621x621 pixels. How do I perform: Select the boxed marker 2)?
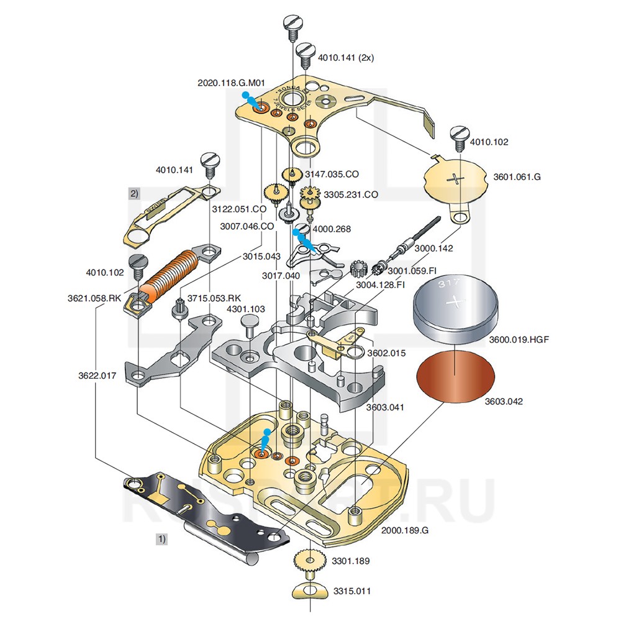[x=135, y=193]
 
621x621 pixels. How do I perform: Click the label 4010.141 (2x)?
[x=346, y=58]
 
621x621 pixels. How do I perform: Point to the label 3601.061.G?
[x=515, y=176]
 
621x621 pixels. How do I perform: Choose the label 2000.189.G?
[x=405, y=532]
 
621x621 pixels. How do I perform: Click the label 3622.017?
[x=97, y=376]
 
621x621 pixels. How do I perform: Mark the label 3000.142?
[x=434, y=248]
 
